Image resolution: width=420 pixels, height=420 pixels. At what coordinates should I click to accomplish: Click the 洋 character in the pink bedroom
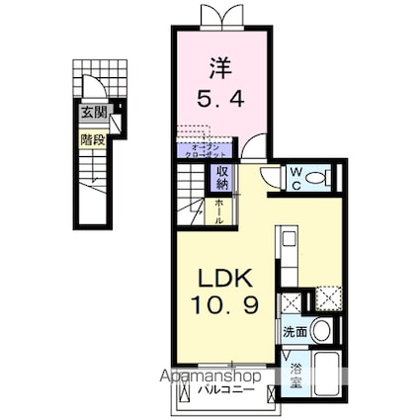[x=219, y=69]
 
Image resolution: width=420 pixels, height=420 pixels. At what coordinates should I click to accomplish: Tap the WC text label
[x=294, y=178]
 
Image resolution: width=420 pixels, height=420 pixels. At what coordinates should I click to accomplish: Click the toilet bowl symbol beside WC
[x=318, y=179]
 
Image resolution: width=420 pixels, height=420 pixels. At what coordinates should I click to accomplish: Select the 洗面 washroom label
[x=293, y=332]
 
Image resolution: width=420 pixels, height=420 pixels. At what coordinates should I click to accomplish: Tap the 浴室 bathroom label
[x=295, y=374]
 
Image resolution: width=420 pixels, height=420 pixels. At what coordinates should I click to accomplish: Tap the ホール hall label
[x=220, y=209]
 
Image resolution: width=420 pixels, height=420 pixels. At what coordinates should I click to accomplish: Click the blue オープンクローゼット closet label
[x=204, y=151]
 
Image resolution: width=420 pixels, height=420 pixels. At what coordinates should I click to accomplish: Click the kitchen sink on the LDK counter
[x=288, y=240]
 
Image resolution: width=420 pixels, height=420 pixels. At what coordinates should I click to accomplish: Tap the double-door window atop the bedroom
[x=219, y=17]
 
